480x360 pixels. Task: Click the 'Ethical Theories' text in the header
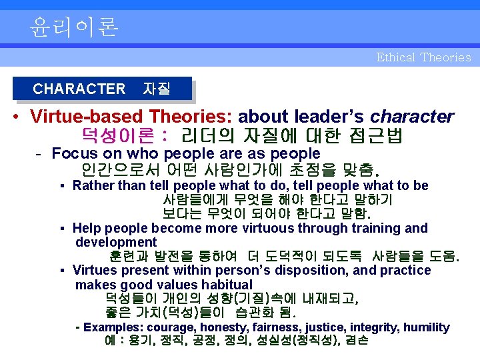coord(423,57)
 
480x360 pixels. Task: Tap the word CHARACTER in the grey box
coord(79,89)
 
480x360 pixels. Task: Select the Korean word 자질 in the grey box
coord(157,89)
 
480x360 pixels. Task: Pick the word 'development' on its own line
coord(115,242)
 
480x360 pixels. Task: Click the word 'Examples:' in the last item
coord(114,327)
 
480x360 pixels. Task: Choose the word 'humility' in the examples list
coord(427,327)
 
